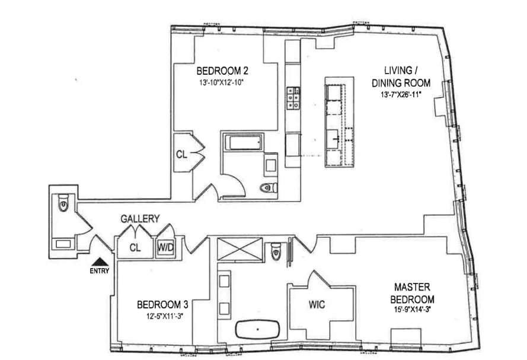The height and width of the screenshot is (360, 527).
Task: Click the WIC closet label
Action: [317, 305]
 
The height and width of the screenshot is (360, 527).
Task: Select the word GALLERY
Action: [140, 219]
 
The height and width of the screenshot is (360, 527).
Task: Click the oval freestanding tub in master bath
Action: [258, 329]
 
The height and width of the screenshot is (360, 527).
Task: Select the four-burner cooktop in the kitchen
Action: [293, 98]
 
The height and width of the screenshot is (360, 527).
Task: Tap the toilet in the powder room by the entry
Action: [63, 205]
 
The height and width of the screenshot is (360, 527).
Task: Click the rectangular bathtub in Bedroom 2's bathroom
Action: [242, 143]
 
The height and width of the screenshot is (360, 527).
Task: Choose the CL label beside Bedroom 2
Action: [181, 154]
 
